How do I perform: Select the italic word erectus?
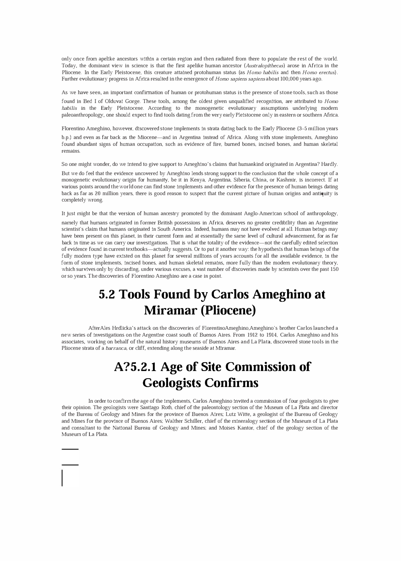[x=327, y=73]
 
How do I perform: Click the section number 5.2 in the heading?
[x=107, y=295]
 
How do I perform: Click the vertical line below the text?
[x=62, y=478]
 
